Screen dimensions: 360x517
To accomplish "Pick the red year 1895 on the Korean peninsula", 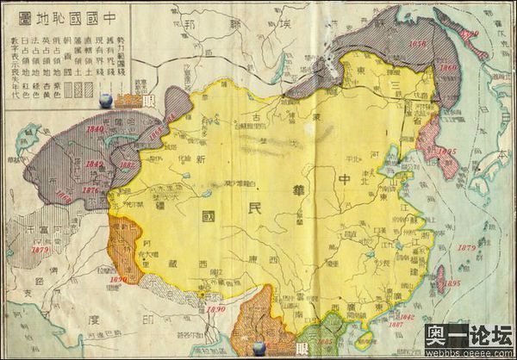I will pos(445,151).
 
